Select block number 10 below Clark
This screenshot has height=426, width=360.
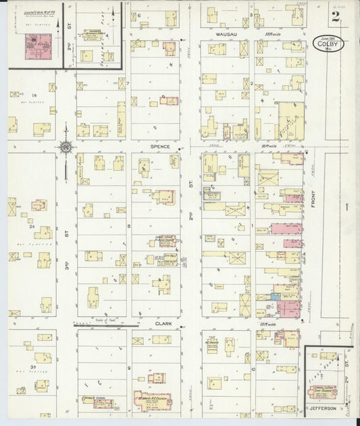253,369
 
